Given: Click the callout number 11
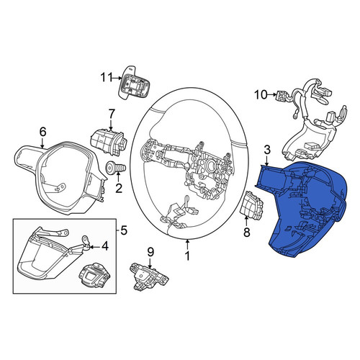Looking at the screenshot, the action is point(107,78).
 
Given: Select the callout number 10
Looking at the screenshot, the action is point(261,95).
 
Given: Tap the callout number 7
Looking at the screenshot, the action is point(112,114).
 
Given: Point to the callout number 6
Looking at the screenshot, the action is point(42,132).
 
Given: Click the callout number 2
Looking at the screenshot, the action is point(119,188).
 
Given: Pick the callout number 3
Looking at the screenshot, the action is point(267,150).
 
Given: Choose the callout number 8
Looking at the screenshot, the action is point(247,232).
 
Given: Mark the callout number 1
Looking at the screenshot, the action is point(187,256).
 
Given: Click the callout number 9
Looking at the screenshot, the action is point(150,252).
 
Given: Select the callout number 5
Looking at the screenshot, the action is point(123,231).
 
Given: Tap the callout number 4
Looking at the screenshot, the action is point(105,246).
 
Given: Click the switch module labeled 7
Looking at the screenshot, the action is point(109,142).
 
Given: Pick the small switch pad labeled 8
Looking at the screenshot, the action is point(251,205).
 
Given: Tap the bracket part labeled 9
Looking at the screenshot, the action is point(149,276).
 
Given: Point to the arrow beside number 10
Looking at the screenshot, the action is point(272,95).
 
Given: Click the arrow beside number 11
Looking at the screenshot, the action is point(117,78).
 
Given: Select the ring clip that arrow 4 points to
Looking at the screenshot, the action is point(86,239).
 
